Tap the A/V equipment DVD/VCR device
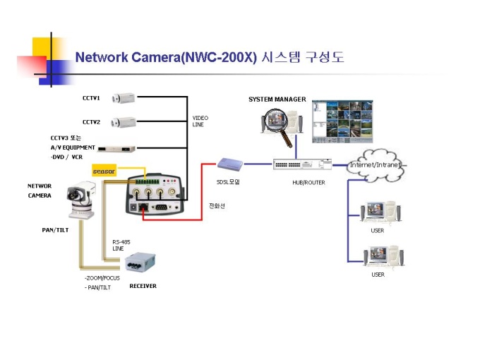coord(116,148)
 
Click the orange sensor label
coord(104,171)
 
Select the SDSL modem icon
coord(230,164)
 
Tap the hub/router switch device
coord(302,164)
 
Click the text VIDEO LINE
coord(200,121)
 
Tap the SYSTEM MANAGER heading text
coord(277,100)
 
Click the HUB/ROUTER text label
coord(308,183)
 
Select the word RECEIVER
coord(143,286)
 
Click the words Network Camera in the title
coord(127,57)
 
